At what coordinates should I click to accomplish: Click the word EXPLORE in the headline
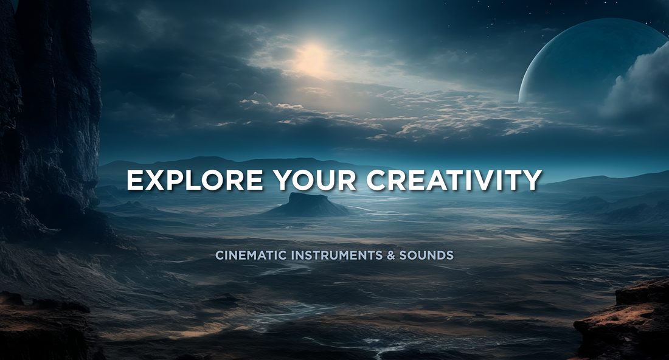pos(195,179)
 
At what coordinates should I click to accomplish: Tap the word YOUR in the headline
pos(315,179)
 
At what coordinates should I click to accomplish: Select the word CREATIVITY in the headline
pos(454,179)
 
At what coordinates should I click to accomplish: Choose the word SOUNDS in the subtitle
pos(426,255)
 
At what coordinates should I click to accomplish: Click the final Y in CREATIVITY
pos(532,179)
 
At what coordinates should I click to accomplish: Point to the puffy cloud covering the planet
pos(636,84)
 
